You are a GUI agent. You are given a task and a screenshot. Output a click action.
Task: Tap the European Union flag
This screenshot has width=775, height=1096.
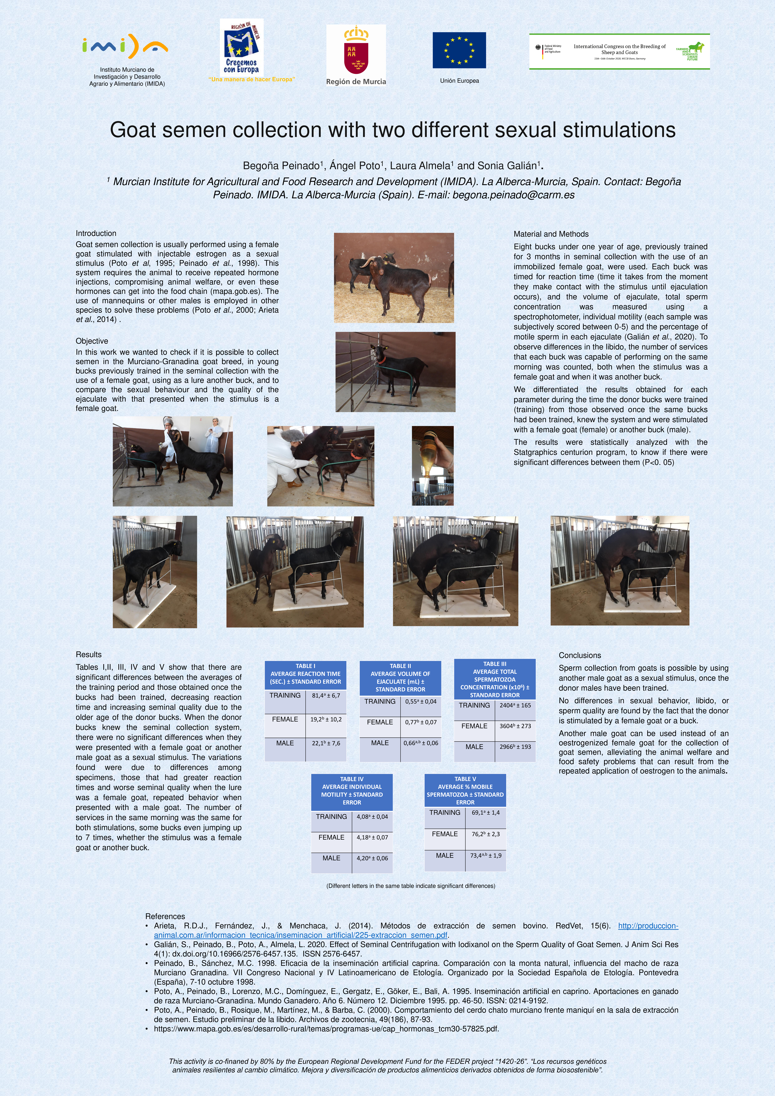coord(459,50)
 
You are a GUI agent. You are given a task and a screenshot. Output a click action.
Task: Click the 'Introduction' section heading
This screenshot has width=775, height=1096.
coord(96,233)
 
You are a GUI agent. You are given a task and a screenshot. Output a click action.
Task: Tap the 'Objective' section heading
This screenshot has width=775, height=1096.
coord(92,341)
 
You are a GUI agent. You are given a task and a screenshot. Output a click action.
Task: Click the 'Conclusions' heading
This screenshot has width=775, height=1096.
coord(580,655)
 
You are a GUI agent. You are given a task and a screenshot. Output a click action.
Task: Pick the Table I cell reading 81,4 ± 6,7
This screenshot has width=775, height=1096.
coord(326,696)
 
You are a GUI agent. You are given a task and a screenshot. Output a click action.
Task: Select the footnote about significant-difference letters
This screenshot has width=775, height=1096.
coord(410,886)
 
